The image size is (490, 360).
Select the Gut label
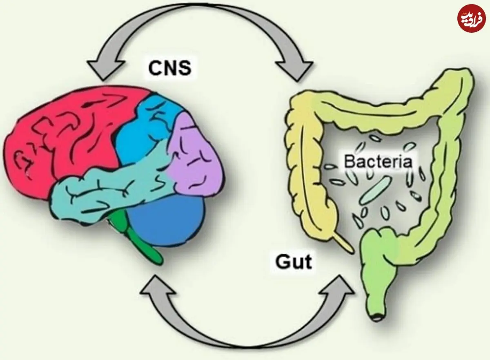293,262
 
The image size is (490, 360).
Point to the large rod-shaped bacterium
374,190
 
